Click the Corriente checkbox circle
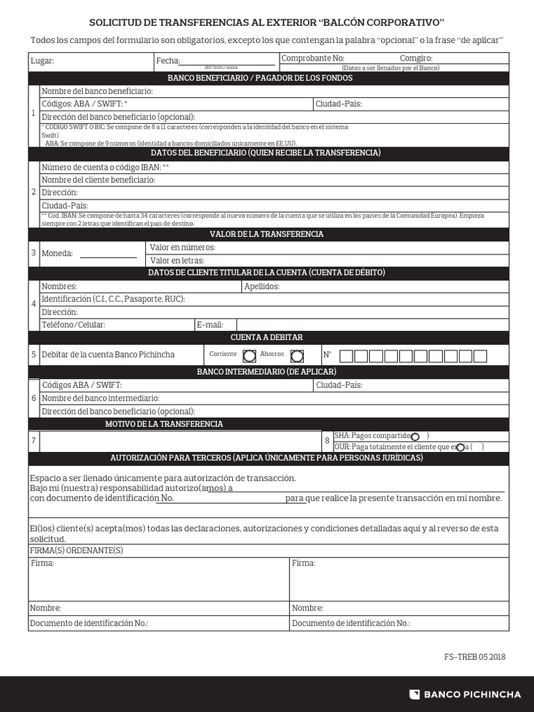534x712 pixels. (x=249, y=356)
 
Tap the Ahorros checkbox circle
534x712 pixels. (x=297, y=356)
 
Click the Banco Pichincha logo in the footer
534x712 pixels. (x=464, y=694)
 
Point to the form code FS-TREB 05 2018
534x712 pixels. (x=475, y=657)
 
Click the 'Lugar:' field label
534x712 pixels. (x=42, y=61)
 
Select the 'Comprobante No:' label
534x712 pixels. (x=312, y=58)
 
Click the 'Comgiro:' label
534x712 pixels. (x=416, y=58)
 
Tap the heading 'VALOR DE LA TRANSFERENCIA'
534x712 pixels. (x=268, y=234)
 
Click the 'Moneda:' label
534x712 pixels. (x=57, y=253)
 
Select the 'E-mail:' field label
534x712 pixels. (x=210, y=325)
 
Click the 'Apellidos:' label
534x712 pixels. (x=261, y=286)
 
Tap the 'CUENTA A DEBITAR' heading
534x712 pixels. (x=268, y=337)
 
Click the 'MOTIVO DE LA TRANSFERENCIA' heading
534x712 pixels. (x=164, y=423)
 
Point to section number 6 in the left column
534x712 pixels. (x=33, y=398)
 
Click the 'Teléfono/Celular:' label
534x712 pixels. (x=73, y=325)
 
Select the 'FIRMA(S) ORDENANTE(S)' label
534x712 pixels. (x=76, y=550)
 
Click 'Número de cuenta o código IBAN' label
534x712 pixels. (x=105, y=167)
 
